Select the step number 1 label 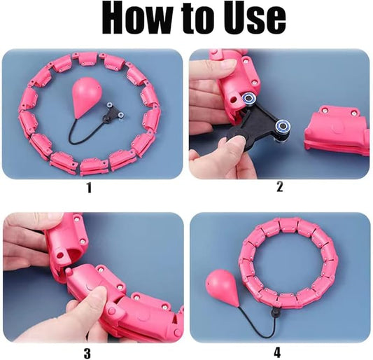click(89, 188)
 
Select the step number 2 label click(280, 186)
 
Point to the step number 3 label click(87, 353)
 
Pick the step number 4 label click(277, 352)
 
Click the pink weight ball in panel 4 click(219, 289)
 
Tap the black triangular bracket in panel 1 click(113, 112)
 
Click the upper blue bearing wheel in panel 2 click(249, 97)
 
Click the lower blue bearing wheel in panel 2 click(282, 125)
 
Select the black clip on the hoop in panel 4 click(275, 310)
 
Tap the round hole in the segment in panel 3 click(59, 256)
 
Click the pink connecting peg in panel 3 click(69, 272)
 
